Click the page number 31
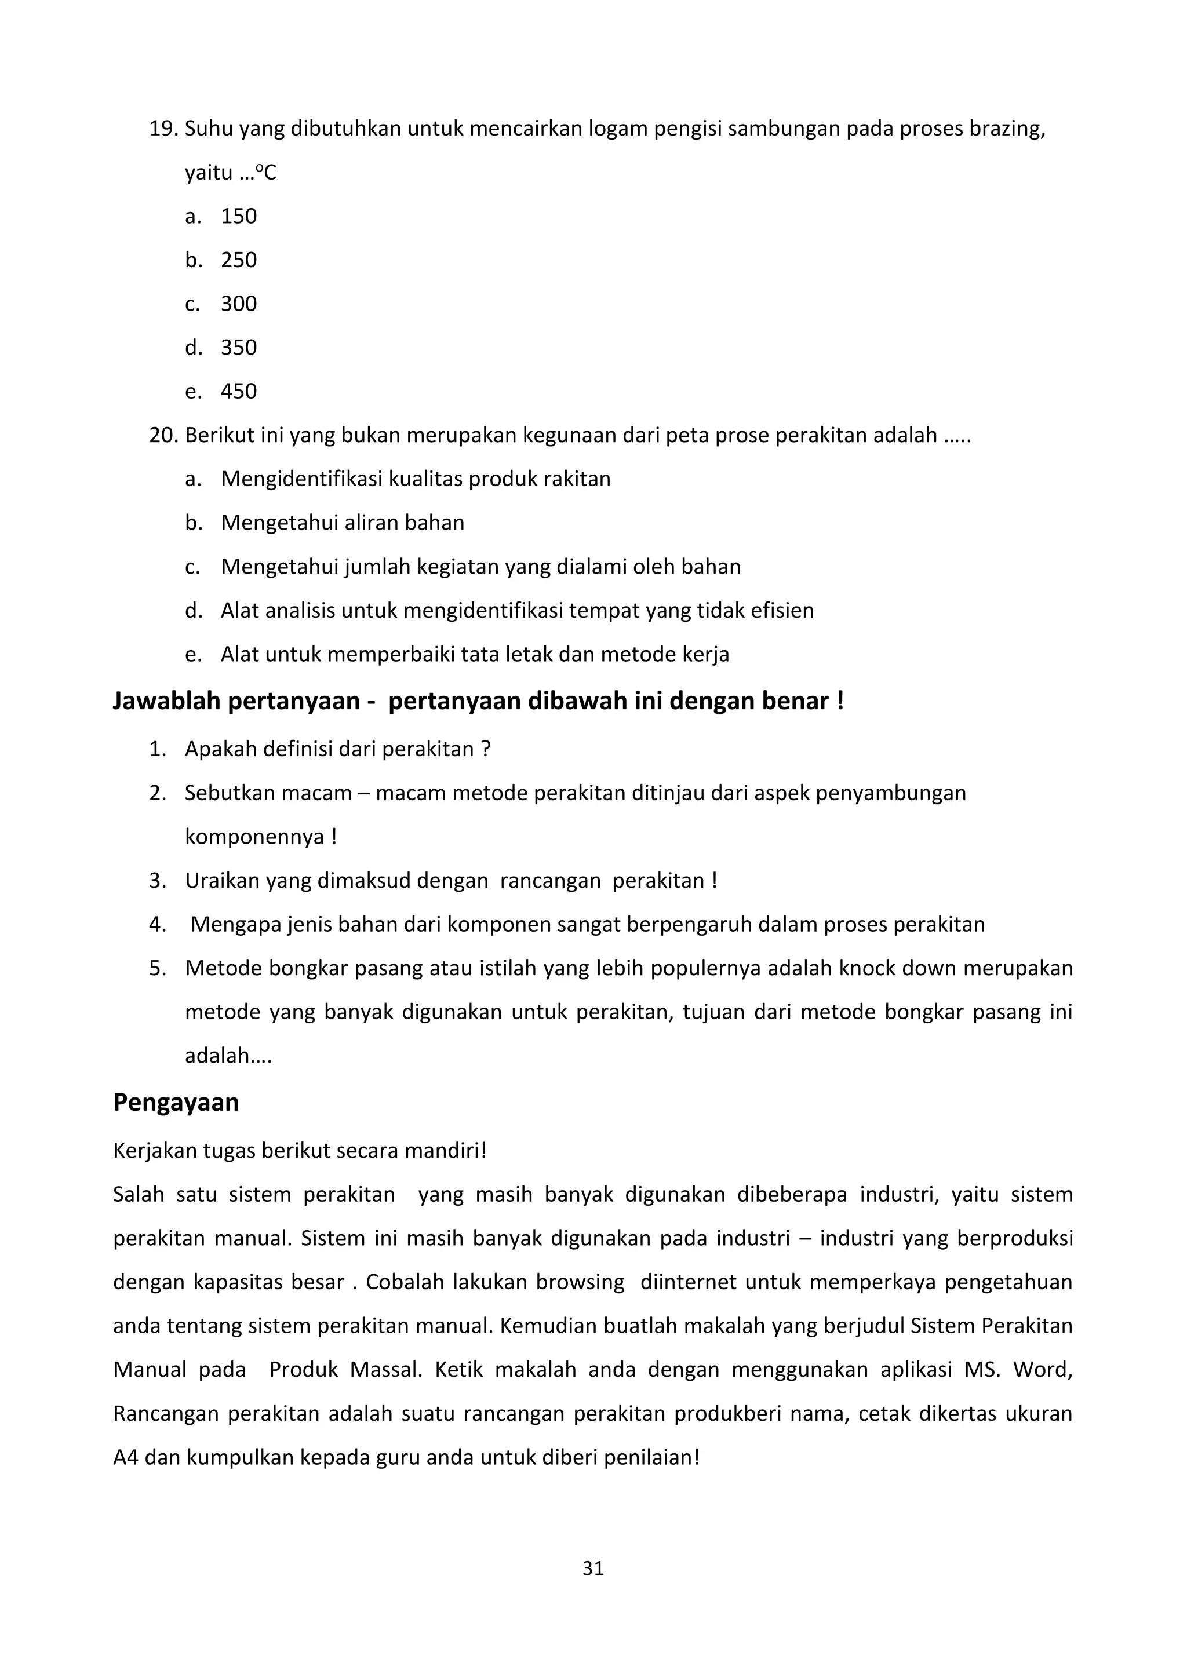click(593, 1568)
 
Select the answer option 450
click(238, 392)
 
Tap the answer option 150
click(238, 216)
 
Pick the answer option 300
click(238, 304)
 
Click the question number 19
click(163, 129)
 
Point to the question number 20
click(163, 436)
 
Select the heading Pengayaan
click(176, 1102)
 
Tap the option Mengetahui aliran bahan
click(342, 523)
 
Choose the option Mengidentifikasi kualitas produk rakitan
click(415, 479)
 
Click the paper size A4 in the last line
click(126, 1457)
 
